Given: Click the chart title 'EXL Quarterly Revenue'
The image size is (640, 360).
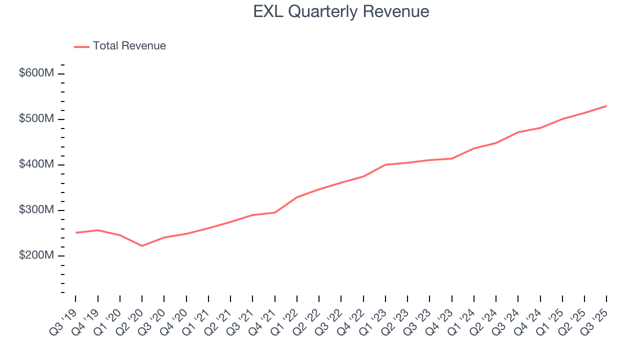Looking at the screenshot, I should (x=341, y=11).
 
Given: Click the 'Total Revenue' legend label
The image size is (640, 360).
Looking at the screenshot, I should (x=129, y=46).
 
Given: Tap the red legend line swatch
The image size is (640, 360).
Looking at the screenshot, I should (x=81, y=46).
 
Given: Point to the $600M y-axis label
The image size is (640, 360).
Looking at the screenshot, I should (x=36, y=73).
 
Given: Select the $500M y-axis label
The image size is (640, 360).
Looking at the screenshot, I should (x=36, y=119).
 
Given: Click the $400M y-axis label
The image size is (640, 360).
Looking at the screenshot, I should (x=36, y=164).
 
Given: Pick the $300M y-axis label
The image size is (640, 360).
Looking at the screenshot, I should (x=36, y=210).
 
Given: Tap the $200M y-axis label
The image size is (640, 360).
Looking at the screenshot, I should (x=36, y=255).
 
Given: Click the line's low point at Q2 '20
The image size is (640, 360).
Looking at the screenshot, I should (x=142, y=246).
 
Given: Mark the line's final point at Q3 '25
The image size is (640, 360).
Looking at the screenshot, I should (x=606, y=106).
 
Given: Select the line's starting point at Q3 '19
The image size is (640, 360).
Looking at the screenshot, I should (x=75, y=232).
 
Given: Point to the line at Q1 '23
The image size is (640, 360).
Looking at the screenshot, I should (x=385, y=164).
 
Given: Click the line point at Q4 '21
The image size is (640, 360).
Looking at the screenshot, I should (x=275, y=212).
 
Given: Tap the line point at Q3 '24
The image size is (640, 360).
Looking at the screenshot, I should (x=518, y=132).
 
